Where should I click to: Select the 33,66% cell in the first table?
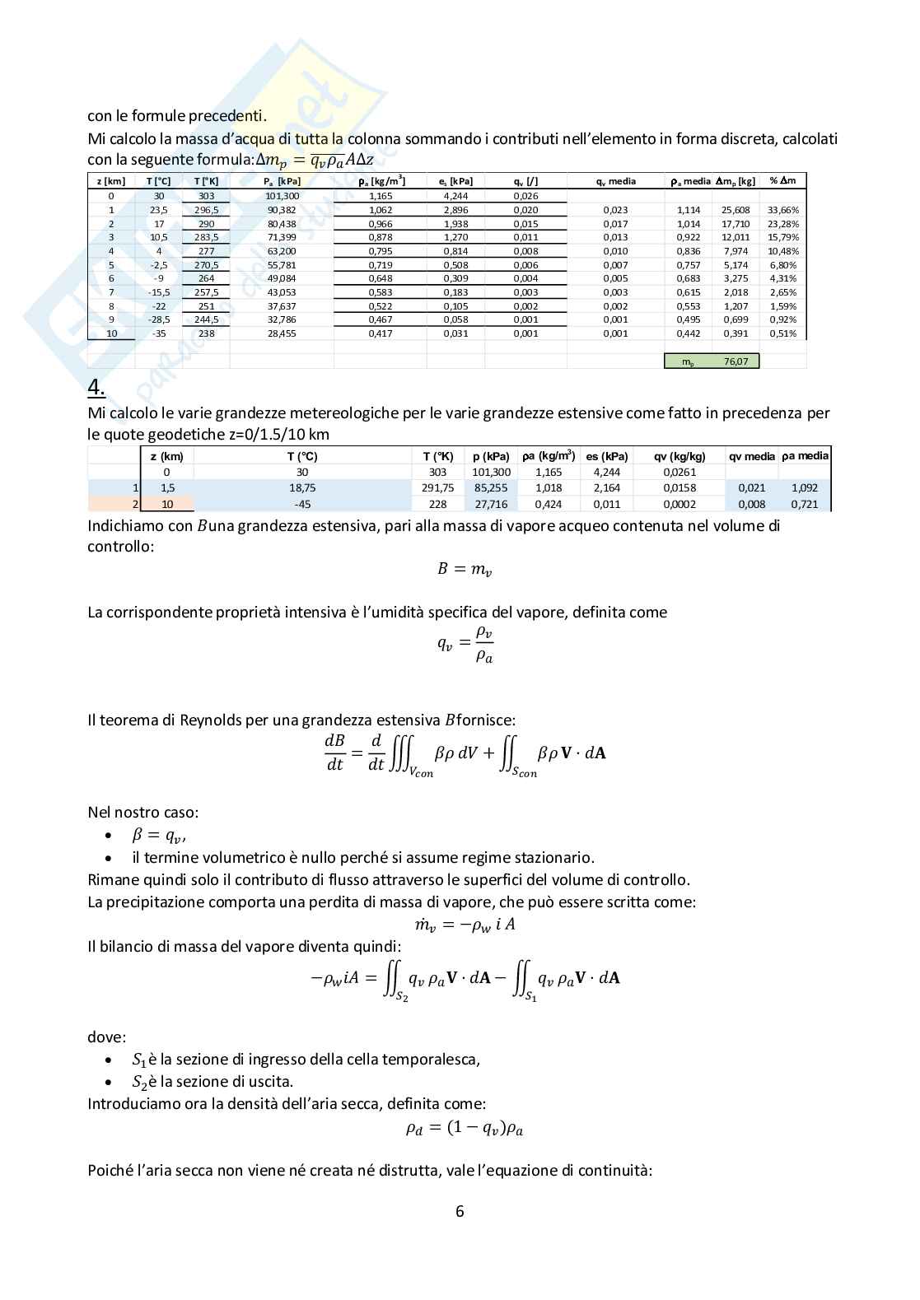click(783, 210)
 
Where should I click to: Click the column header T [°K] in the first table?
click(206, 181)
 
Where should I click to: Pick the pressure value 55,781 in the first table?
click(282, 265)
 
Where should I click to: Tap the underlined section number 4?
click(96, 387)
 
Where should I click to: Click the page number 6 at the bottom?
click(460, 1211)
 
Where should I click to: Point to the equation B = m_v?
click(464, 569)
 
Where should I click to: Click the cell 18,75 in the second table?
click(302, 488)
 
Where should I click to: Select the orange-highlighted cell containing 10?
click(167, 504)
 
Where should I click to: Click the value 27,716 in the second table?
click(492, 504)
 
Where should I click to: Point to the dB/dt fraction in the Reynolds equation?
click(334, 753)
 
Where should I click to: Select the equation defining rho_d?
click(464, 1128)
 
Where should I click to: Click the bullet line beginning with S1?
click(305, 1060)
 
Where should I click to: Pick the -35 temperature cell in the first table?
click(159, 333)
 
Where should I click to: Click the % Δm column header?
click(783, 180)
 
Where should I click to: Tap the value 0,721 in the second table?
click(804, 504)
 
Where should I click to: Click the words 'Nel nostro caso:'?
click(142, 813)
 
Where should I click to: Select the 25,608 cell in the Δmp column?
click(736, 210)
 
